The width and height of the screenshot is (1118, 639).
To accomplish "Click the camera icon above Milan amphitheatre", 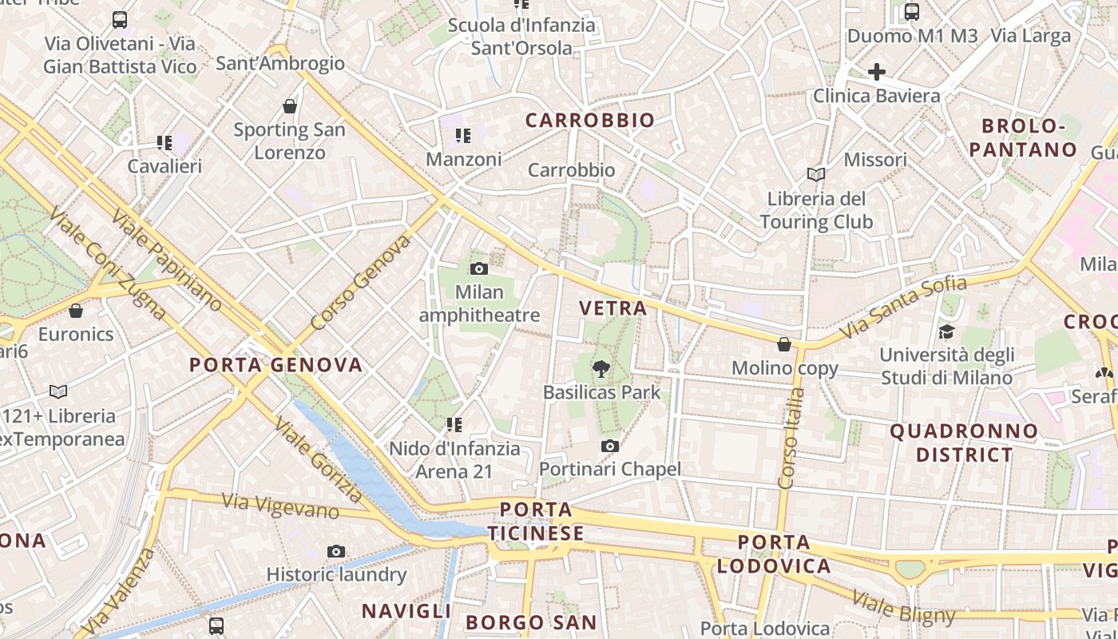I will (479, 268).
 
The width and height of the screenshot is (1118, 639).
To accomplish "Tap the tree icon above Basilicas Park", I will (601, 368).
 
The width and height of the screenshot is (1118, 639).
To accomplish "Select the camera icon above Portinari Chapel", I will (610, 446).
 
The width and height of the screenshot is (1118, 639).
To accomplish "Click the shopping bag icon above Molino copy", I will (784, 344).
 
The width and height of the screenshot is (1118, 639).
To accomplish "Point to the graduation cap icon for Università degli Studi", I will (946, 331).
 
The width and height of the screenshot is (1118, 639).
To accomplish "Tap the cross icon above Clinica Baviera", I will (876, 72).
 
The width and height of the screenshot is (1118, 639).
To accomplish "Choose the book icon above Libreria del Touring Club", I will (815, 174).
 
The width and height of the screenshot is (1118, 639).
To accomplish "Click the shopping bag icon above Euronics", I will (76, 310).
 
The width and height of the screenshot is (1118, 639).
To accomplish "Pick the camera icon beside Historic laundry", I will (336, 551).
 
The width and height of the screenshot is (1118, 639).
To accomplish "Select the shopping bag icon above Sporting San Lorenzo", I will (290, 105).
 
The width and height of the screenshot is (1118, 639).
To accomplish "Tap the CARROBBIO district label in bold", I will (590, 121).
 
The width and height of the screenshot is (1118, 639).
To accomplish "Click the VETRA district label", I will (613, 308).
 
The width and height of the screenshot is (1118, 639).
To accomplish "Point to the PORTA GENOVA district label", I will (276, 366).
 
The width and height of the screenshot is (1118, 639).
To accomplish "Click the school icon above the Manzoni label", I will (463, 136).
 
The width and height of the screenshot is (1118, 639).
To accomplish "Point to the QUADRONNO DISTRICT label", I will (964, 443).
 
